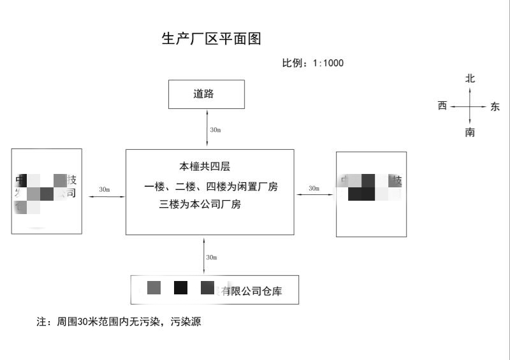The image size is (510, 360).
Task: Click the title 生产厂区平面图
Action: click(211, 39)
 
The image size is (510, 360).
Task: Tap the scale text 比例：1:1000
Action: click(313, 63)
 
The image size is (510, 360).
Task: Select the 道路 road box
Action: click(206, 94)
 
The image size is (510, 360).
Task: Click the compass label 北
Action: click(470, 79)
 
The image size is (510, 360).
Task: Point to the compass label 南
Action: click(470, 133)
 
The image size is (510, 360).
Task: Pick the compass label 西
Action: click(442, 106)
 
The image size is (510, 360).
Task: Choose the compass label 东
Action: click(495, 107)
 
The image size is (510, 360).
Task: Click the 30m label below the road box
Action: click(215, 130)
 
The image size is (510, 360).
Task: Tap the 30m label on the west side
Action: click(104, 190)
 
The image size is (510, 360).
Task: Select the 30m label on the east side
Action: click(314, 189)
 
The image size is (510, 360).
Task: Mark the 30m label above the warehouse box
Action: click(212, 257)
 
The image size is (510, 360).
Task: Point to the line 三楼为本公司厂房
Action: click(200, 205)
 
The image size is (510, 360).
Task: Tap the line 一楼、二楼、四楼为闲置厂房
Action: click(211, 187)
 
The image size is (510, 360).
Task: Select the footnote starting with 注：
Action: click(119, 322)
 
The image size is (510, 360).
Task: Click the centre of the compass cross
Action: click(470, 106)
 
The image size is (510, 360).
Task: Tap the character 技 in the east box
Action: click(397, 180)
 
